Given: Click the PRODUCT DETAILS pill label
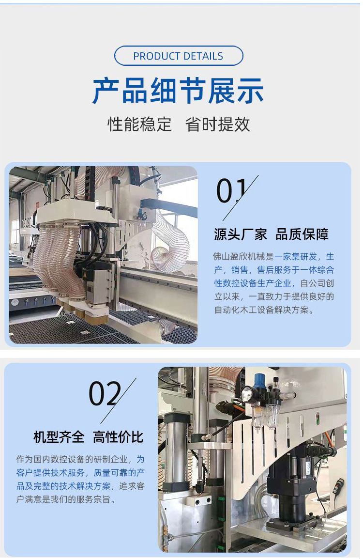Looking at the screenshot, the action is tap(179, 56).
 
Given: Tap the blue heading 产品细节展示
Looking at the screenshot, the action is tap(178, 91).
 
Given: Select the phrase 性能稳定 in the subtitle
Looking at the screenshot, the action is tap(139, 124).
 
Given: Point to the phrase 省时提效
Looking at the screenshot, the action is tap(218, 124).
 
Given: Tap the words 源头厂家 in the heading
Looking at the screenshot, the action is tap(241, 234).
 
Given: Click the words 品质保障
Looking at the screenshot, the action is tap(302, 234).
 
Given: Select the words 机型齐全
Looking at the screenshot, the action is tap(59, 437).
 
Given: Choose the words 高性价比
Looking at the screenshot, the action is tap(118, 437).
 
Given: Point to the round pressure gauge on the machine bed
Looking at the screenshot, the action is tap(15, 302).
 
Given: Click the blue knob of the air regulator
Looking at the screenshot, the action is tap(259, 379).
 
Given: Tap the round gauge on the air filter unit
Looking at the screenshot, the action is tap(245, 394).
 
